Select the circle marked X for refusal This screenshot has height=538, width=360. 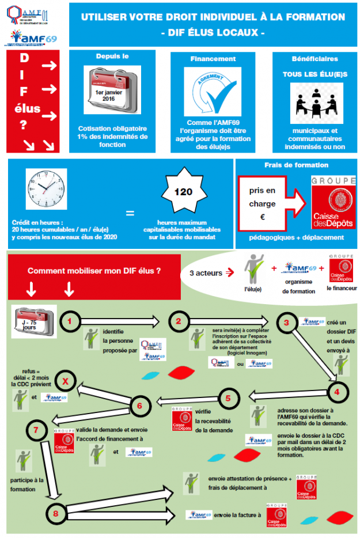[66, 381]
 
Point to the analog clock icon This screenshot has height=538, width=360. [47, 189]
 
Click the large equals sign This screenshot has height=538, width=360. [130, 213]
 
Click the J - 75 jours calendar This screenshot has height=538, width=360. [34, 319]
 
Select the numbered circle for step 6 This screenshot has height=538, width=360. [139, 406]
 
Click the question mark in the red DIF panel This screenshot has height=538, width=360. [24, 124]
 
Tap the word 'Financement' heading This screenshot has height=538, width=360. [213, 59]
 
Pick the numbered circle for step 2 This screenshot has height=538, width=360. [179, 321]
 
